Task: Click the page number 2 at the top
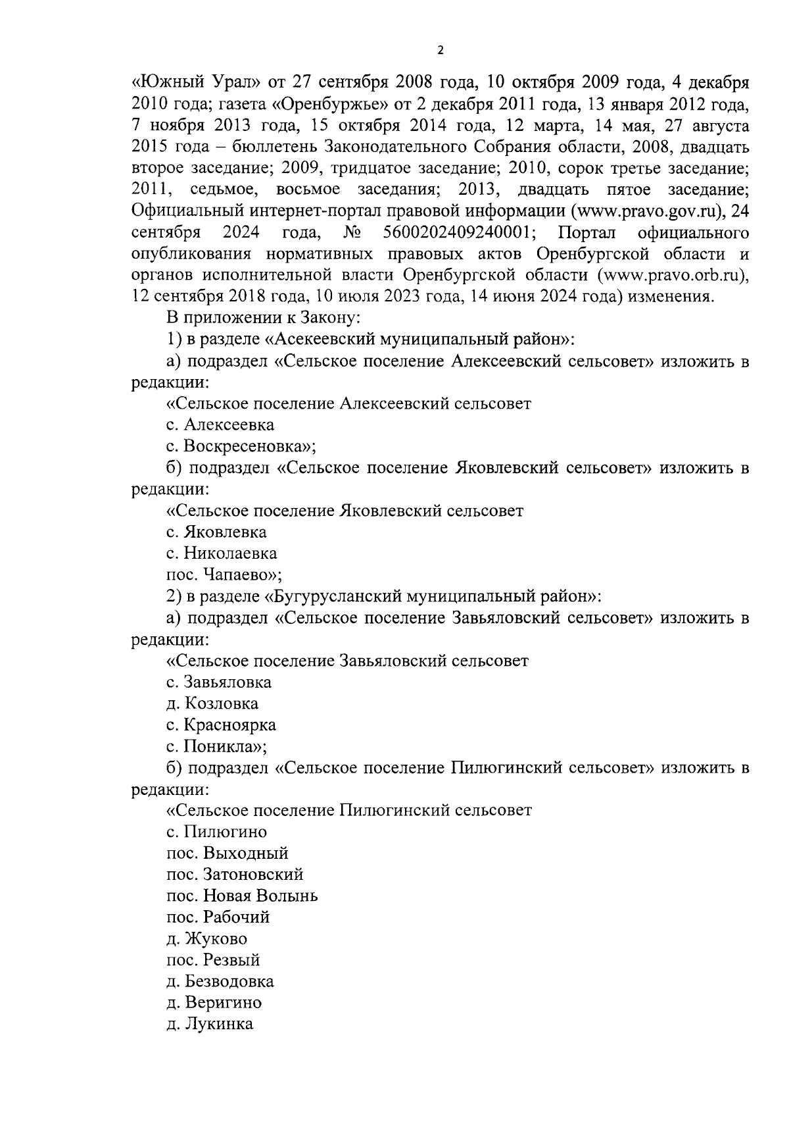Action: [441, 49]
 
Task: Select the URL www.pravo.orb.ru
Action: [677, 275]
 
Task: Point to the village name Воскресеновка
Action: [247, 446]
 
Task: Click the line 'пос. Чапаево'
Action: [224, 575]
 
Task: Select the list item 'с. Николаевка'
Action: [222, 553]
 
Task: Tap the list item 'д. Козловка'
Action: [212, 703]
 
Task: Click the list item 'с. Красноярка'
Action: [221, 725]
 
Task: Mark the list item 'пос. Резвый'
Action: [214, 960]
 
